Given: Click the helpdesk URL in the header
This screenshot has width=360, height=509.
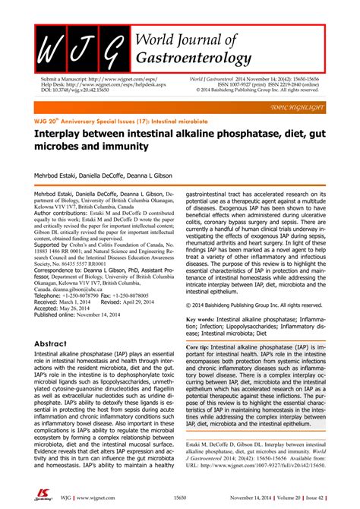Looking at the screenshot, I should point(86,84).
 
